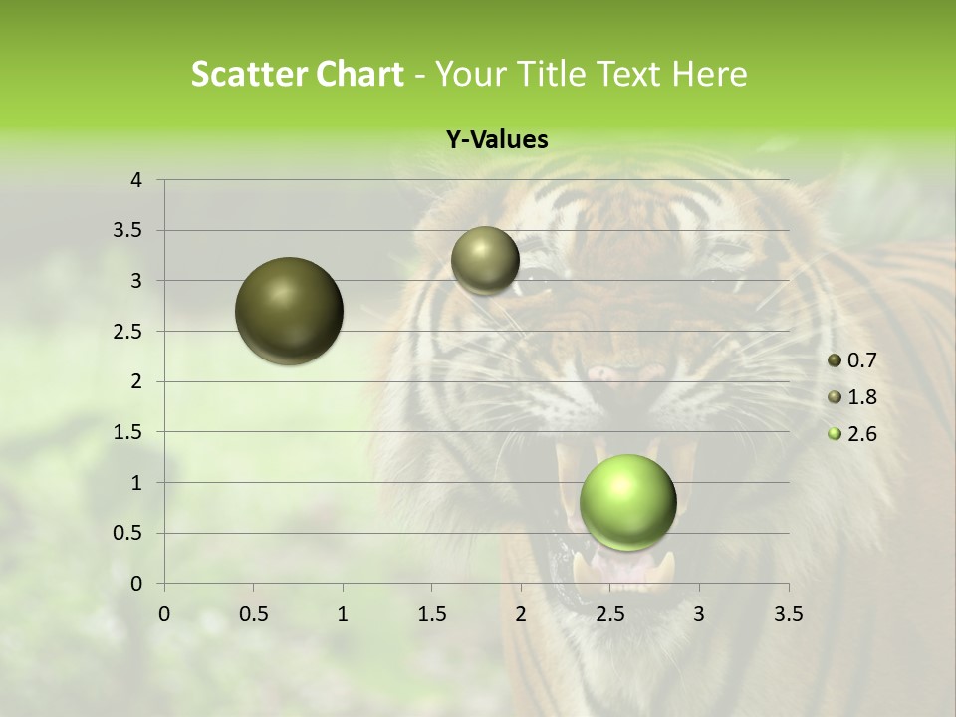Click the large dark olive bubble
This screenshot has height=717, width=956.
(x=290, y=311)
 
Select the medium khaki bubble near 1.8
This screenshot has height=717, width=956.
(x=485, y=260)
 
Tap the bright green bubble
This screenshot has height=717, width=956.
(x=627, y=502)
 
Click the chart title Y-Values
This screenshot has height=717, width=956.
(x=496, y=140)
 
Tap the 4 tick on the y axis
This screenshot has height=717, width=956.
(x=136, y=180)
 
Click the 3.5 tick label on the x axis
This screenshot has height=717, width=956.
(x=788, y=614)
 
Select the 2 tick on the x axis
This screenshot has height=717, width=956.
(x=520, y=614)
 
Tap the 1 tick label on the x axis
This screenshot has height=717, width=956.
(x=343, y=614)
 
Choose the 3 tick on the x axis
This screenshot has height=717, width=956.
(x=699, y=614)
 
